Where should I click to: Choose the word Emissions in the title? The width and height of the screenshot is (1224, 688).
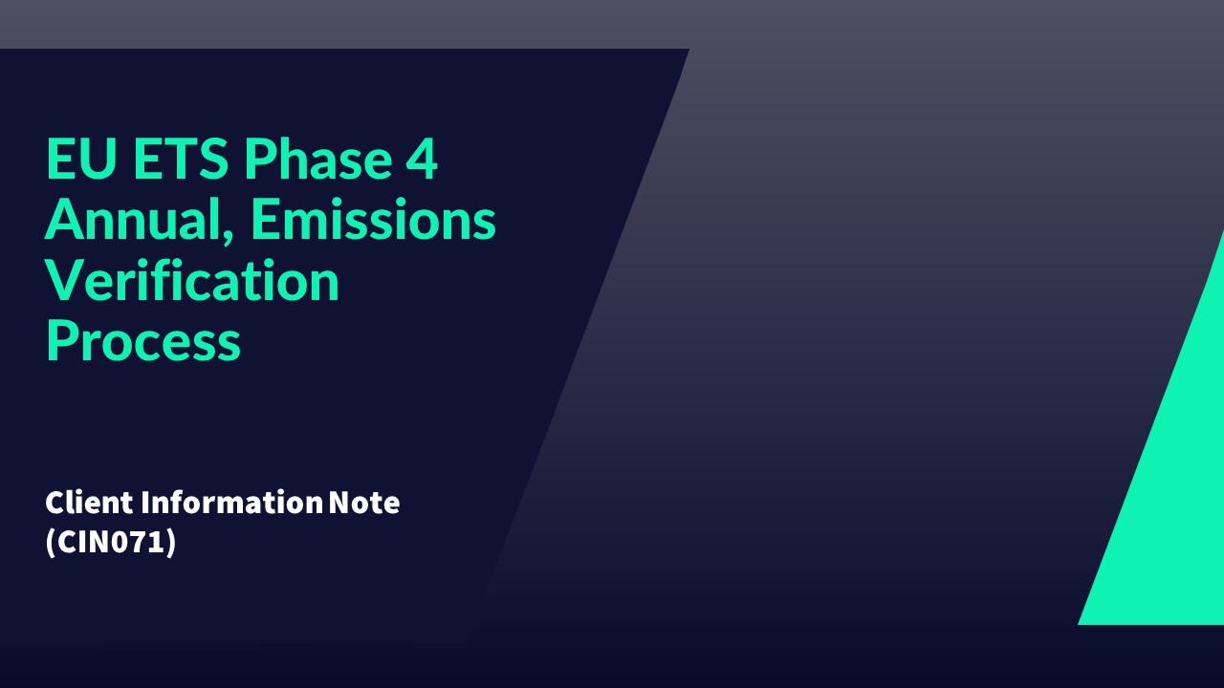[x=374, y=220]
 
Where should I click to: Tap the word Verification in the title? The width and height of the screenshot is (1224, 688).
[x=192, y=281]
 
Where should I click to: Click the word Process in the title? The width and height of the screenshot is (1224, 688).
[x=142, y=342]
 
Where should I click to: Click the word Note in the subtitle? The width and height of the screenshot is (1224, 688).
[x=364, y=503]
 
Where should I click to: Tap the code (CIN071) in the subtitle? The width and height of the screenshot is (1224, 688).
[x=111, y=542]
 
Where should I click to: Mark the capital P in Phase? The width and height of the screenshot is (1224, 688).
[x=256, y=160]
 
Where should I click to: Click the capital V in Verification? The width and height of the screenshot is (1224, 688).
[x=64, y=281]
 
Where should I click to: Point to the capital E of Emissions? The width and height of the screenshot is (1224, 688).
[x=267, y=220]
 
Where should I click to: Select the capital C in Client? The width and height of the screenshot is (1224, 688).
[x=55, y=503]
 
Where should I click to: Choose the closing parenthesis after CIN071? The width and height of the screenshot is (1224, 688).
[x=172, y=542]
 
